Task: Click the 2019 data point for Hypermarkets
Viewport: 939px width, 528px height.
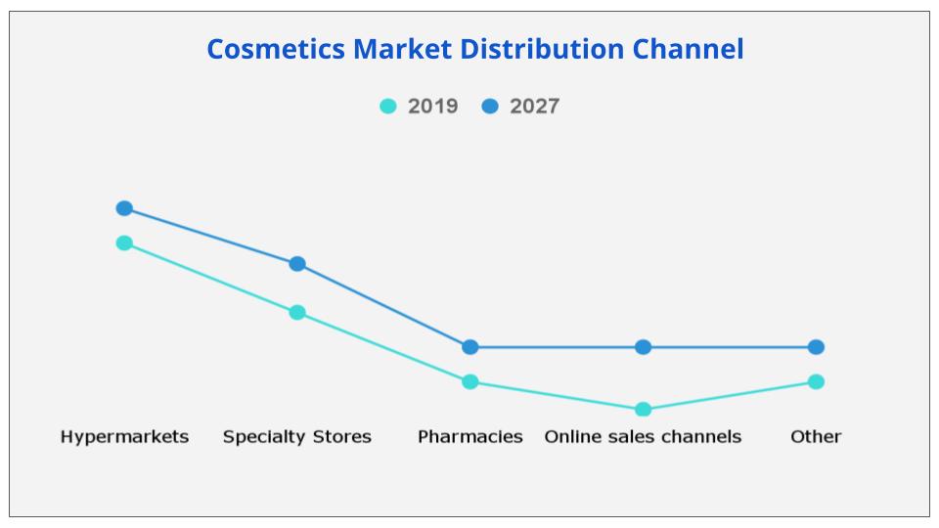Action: click(124, 242)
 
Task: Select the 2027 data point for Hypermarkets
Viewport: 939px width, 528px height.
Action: click(124, 208)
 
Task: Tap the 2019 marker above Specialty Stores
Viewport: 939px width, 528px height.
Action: click(297, 312)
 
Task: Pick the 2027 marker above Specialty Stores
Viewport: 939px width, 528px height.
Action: click(297, 264)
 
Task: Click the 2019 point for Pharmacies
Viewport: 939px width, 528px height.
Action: click(470, 381)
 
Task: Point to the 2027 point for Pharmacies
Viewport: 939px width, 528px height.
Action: click(470, 347)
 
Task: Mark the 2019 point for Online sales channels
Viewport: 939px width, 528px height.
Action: click(643, 410)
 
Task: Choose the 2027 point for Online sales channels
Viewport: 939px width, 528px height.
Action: click(643, 347)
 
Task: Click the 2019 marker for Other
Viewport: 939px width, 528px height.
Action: click(816, 381)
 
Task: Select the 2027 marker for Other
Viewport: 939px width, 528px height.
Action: click(816, 347)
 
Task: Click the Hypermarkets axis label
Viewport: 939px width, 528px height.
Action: click(124, 437)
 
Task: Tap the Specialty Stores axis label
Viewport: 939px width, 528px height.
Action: click(297, 437)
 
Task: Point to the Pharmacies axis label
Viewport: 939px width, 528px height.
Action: click(470, 437)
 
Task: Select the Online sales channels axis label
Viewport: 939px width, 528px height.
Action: click(643, 437)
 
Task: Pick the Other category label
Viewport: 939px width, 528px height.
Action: click(816, 437)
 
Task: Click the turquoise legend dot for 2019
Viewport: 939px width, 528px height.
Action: click(388, 107)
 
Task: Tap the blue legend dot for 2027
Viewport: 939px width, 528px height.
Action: click(490, 107)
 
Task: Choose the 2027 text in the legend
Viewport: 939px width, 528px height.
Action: click(534, 107)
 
